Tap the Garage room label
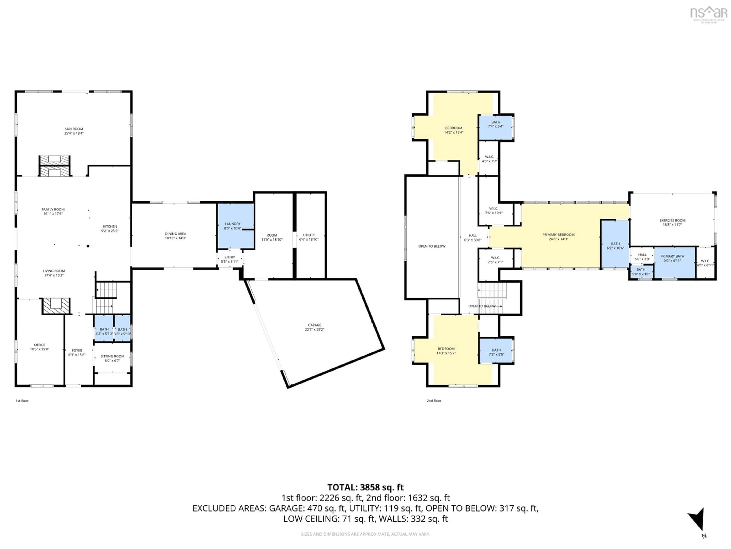[x=314, y=325]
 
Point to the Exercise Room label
[x=672, y=220]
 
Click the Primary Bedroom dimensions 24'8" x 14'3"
[x=558, y=239]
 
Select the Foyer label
[x=77, y=350]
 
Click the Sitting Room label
[x=112, y=356]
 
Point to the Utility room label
[x=309, y=235]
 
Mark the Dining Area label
[x=176, y=234]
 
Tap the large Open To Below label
[x=432, y=246]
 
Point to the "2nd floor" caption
[x=434, y=401]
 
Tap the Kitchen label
[x=110, y=226]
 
